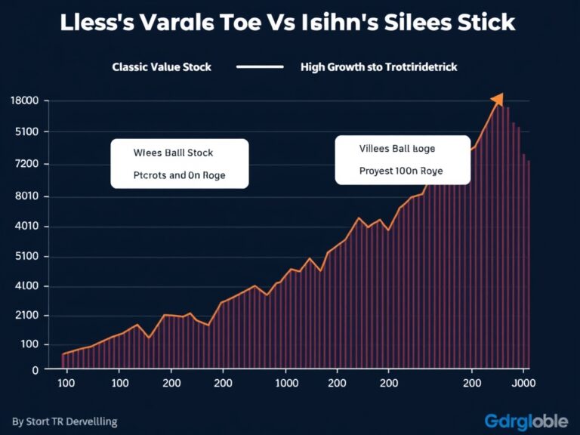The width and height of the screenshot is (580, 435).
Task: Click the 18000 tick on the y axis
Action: (26, 101)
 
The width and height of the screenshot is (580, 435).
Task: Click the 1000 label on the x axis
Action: (286, 382)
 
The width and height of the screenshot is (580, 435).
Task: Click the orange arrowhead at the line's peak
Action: (497, 100)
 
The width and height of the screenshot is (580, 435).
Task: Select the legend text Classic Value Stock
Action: (162, 67)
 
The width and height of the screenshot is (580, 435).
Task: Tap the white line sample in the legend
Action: (259, 67)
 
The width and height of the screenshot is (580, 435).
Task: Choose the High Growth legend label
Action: (378, 67)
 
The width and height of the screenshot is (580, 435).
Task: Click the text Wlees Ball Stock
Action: (173, 153)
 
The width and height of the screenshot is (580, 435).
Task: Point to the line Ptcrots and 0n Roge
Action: (179, 175)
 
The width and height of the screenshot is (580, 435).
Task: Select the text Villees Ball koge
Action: (397, 149)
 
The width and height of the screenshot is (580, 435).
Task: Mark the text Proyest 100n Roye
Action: (401, 171)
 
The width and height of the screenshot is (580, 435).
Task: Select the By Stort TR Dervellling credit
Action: (65, 421)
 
